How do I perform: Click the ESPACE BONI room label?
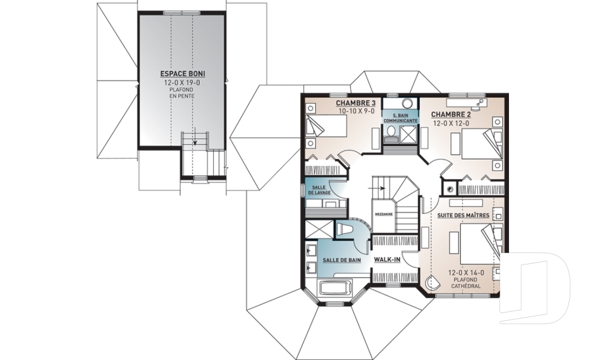183,73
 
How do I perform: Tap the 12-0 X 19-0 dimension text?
183,82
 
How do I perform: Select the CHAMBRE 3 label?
355,103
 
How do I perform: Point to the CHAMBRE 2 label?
451,115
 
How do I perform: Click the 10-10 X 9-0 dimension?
357,111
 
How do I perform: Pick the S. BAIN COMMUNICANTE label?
400,118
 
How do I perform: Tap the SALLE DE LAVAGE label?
319,190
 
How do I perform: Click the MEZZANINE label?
384,214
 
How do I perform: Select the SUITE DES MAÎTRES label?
463,215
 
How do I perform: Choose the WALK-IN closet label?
387,259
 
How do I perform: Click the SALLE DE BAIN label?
342,261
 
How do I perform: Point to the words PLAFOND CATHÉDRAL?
466,283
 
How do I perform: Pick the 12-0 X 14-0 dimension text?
466,273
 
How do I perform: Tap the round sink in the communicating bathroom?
407,104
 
